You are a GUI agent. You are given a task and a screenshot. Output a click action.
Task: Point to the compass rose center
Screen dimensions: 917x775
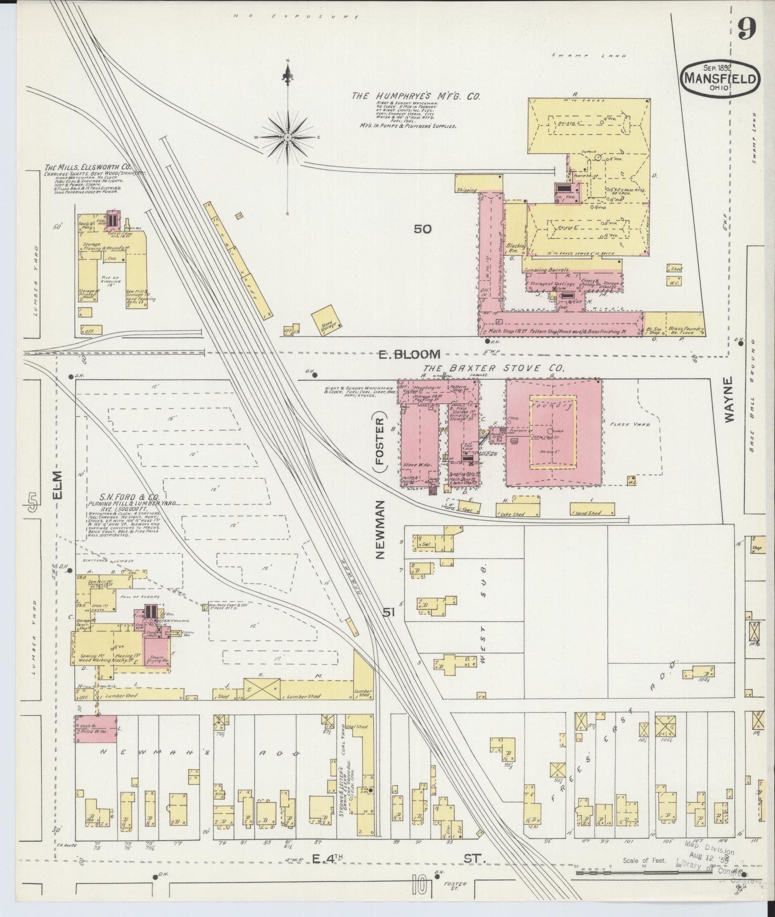tap(288, 137)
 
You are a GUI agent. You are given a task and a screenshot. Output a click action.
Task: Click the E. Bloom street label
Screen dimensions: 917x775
tap(408, 354)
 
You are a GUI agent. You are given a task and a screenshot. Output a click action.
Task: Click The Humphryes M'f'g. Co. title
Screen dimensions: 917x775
tap(415, 96)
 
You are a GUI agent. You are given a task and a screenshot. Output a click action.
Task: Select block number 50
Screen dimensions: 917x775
tap(422, 229)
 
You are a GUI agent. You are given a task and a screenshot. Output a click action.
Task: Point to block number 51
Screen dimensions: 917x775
tap(389, 613)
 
